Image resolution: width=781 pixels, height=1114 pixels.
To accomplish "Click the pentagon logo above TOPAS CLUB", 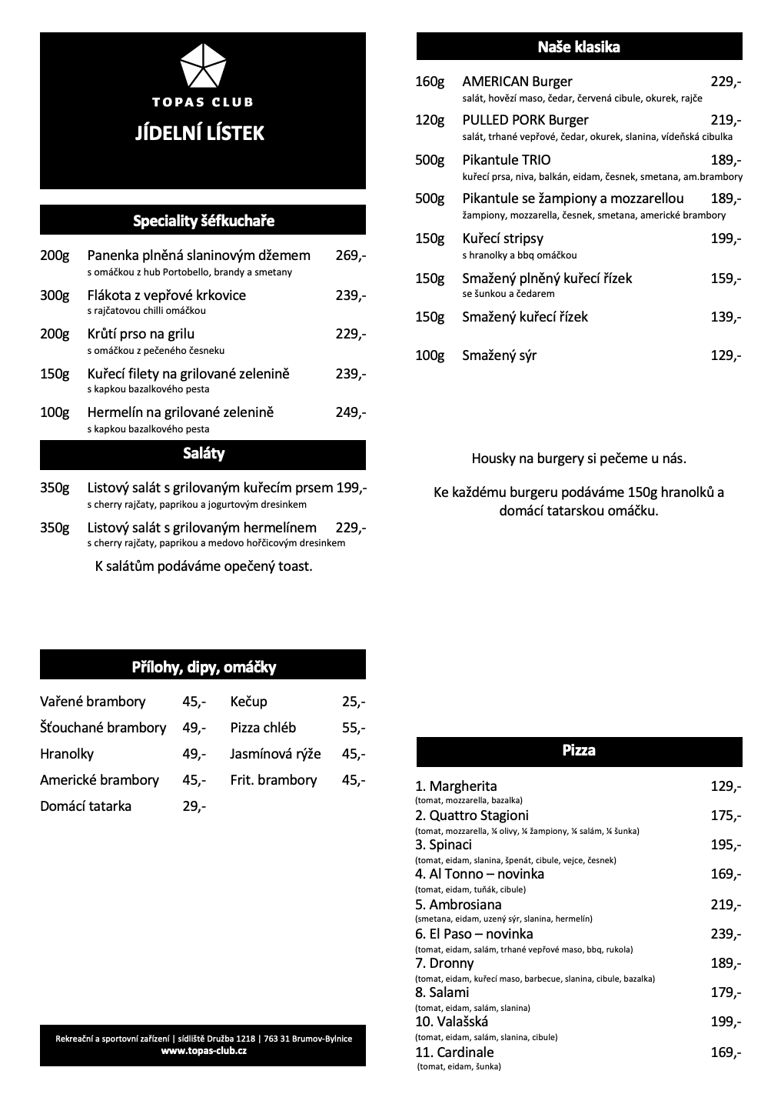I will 203,66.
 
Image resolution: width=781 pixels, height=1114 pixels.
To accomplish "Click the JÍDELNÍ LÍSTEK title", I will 199,133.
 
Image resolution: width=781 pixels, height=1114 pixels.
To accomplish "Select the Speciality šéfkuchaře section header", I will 203,221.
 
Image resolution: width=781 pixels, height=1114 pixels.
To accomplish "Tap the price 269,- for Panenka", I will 351,255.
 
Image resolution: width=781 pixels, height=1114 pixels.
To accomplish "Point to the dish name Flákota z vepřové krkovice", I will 166,295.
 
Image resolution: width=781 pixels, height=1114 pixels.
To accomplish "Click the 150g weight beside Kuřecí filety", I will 55,374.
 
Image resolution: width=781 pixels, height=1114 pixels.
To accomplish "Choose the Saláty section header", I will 203,454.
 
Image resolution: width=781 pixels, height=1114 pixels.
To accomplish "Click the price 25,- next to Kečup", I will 353,702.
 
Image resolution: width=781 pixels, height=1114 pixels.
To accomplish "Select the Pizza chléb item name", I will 263,728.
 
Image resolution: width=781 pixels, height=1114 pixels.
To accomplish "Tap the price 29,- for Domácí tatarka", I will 194,806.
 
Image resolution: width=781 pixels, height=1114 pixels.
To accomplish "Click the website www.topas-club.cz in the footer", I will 204,1051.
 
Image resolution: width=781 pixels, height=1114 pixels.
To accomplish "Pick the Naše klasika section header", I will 579,47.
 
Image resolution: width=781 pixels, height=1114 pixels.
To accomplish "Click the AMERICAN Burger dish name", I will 517,82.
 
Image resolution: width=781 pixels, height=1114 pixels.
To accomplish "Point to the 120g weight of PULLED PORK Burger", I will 430,120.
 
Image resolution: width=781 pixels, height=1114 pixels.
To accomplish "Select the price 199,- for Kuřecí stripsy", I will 726,238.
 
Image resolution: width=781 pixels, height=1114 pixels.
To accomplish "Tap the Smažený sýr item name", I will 499,355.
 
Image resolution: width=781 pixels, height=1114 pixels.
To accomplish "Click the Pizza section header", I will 579,750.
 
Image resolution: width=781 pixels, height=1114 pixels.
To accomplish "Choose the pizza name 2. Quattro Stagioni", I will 471,815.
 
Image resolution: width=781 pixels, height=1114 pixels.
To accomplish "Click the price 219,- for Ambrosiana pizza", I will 726,905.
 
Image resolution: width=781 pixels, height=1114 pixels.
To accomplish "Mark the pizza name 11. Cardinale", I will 454,1052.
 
